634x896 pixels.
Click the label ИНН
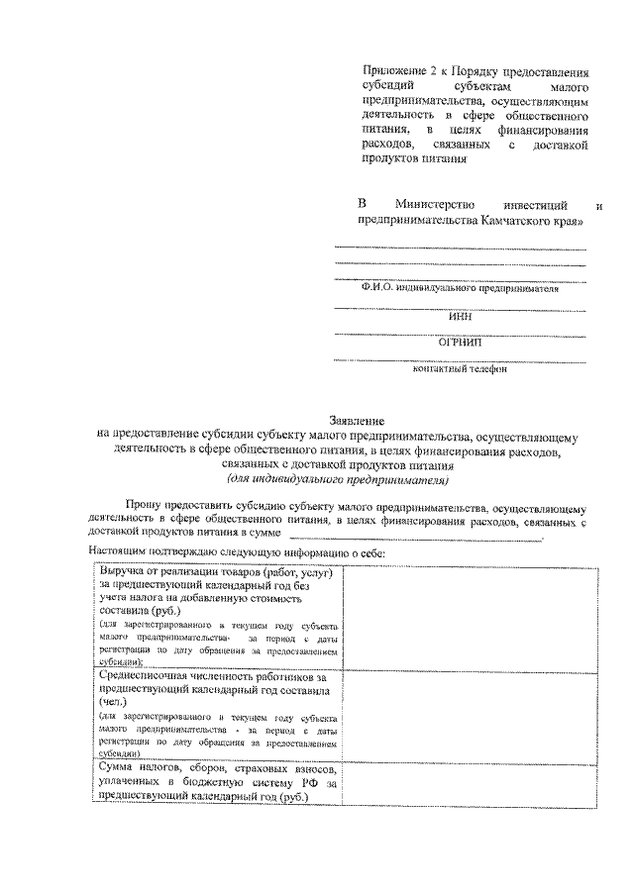(x=460, y=317)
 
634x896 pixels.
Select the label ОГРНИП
(x=460, y=343)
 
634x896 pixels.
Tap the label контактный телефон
(x=460, y=369)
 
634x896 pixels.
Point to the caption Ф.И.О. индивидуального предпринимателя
(x=460, y=289)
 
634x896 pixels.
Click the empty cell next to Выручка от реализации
(x=470, y=615)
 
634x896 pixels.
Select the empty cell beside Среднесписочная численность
(x=470, y=712)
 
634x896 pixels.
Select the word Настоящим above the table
(x=118, y=551)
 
